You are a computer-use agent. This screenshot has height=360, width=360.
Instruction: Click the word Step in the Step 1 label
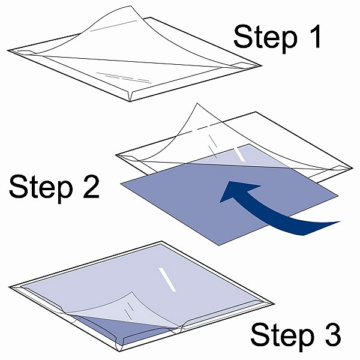tap(265, 38)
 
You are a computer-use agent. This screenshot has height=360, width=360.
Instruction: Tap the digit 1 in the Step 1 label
tap(315, 36)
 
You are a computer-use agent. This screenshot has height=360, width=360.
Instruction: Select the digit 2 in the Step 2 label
tap(91, 186)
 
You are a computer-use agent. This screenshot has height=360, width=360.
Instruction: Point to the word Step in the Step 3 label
tap(283, 336)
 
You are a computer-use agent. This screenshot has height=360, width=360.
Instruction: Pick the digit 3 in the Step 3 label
tap(332, 335)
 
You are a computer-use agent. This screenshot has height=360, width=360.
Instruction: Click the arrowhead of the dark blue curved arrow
tap(239, 191)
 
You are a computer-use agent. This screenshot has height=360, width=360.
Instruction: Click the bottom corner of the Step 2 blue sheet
tap(219, 245)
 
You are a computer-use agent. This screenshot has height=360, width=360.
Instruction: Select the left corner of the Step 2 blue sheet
tap(121, 183)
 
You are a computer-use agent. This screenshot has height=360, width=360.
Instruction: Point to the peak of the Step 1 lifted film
tap(131, 6)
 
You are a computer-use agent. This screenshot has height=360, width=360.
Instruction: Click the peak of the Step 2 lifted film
tap(197, 103)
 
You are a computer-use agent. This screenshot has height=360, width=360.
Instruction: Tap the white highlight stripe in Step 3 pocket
tap(167, 280)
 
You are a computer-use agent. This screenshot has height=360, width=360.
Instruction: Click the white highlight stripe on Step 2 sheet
tap(239, 155)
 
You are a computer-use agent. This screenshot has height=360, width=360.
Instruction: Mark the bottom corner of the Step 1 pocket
tap(130, 101)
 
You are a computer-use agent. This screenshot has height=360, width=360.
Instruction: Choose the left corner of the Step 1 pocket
tap(8, 50)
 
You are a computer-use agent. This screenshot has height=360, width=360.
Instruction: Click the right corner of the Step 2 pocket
tap(353, 168)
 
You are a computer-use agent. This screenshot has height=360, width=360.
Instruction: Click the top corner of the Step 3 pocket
tap(161, 241)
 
